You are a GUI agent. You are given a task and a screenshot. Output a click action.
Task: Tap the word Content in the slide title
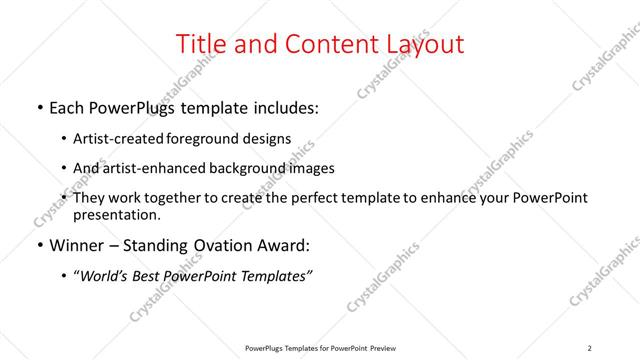[x=325, y=45]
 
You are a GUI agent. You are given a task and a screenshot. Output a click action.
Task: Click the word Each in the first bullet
[x=67, y=108]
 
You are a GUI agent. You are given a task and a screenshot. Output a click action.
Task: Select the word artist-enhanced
[x=151, y=169]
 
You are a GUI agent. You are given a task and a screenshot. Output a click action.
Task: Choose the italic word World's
[x=106, y=276]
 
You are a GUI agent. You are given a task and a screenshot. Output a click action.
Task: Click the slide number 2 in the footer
[x=590, y=348]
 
